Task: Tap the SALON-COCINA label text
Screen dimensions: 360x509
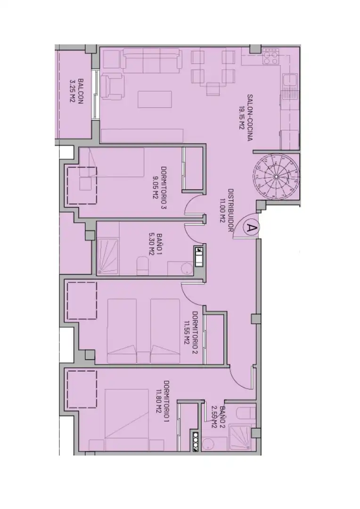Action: click(x=250, y=117)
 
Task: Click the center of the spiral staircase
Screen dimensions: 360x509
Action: click(x=276, y=177)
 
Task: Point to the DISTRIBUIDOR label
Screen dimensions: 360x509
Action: click(x=231, y=210)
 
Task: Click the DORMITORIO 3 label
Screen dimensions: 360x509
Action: click(x=164, y=188)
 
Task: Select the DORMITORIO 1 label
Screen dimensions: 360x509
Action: click(x=167, y=401)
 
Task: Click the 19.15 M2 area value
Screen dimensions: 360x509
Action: click(x=241, y=117)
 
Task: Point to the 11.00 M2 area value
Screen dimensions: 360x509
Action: click(x=223, y=210)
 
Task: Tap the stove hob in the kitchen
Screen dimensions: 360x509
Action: click(x=271, y=57)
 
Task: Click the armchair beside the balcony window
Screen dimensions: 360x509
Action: click(x=113, y=86)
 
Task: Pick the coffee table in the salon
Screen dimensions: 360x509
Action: click(x=155, y=99)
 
